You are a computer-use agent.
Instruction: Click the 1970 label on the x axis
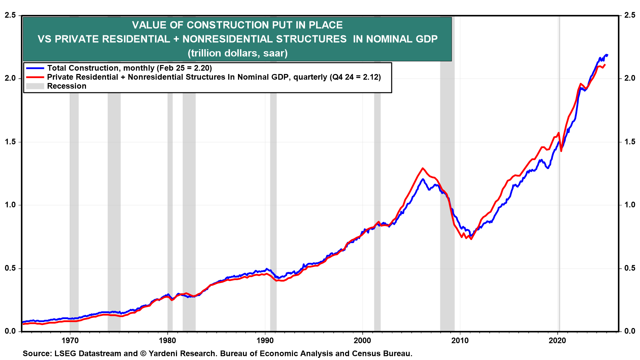tap(70, 340)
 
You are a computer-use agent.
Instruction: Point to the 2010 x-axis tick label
tap(460, 340)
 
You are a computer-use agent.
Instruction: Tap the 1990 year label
tap(265, 340)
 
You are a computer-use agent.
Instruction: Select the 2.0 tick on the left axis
tap(10, 78)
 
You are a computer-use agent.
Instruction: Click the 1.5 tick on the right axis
tap(630, 142)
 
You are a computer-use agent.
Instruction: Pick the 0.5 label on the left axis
tap(10, 268)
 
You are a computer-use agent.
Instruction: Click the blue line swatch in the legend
tap(35, 68)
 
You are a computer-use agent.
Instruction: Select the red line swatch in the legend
tap(35, 77)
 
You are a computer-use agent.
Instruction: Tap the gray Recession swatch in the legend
tap(35, 86)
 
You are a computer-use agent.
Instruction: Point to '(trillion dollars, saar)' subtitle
tap(237, 53)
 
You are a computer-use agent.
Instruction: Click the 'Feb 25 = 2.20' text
tap(184, 68)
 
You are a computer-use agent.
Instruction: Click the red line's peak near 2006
tap(423, 168)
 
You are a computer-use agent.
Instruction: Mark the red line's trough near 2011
tap(471, 239)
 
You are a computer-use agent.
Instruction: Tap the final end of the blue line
tap(607, 55)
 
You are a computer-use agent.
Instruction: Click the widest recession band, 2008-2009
tap(447, 200)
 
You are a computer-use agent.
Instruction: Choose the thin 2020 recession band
tap(559, 200)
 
